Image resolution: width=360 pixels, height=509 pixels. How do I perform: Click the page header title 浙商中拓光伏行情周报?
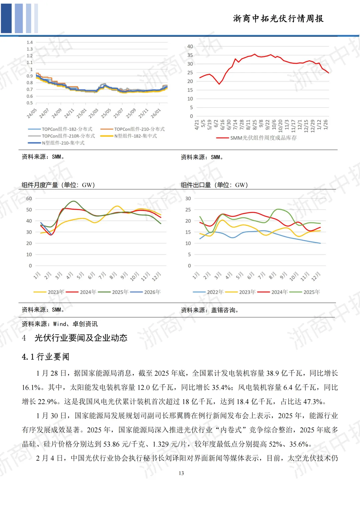[278, 19]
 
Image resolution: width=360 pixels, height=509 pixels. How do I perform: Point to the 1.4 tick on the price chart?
[30, 42]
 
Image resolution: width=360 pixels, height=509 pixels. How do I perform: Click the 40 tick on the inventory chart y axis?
[190, 46]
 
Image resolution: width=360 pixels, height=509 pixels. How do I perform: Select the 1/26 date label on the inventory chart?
[326, 124]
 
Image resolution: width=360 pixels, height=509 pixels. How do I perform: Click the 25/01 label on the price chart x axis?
[81, 113]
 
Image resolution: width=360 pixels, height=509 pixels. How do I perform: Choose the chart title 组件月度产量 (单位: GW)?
[58, 185]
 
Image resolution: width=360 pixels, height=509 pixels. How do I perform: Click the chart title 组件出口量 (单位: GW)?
[214, 185]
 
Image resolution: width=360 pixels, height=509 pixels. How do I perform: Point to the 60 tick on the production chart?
[29, 199]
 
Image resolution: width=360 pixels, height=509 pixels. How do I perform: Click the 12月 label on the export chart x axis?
[316, 276]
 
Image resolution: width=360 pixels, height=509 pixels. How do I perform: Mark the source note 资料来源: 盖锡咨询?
[210, 310]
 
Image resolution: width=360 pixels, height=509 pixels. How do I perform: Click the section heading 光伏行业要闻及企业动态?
[81, 338]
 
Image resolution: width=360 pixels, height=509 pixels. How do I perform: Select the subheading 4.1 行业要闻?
[46, 357]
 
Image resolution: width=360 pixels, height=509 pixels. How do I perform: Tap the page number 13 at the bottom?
[181, 473]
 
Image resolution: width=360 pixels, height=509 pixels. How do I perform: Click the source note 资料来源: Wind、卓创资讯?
[60, 324]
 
